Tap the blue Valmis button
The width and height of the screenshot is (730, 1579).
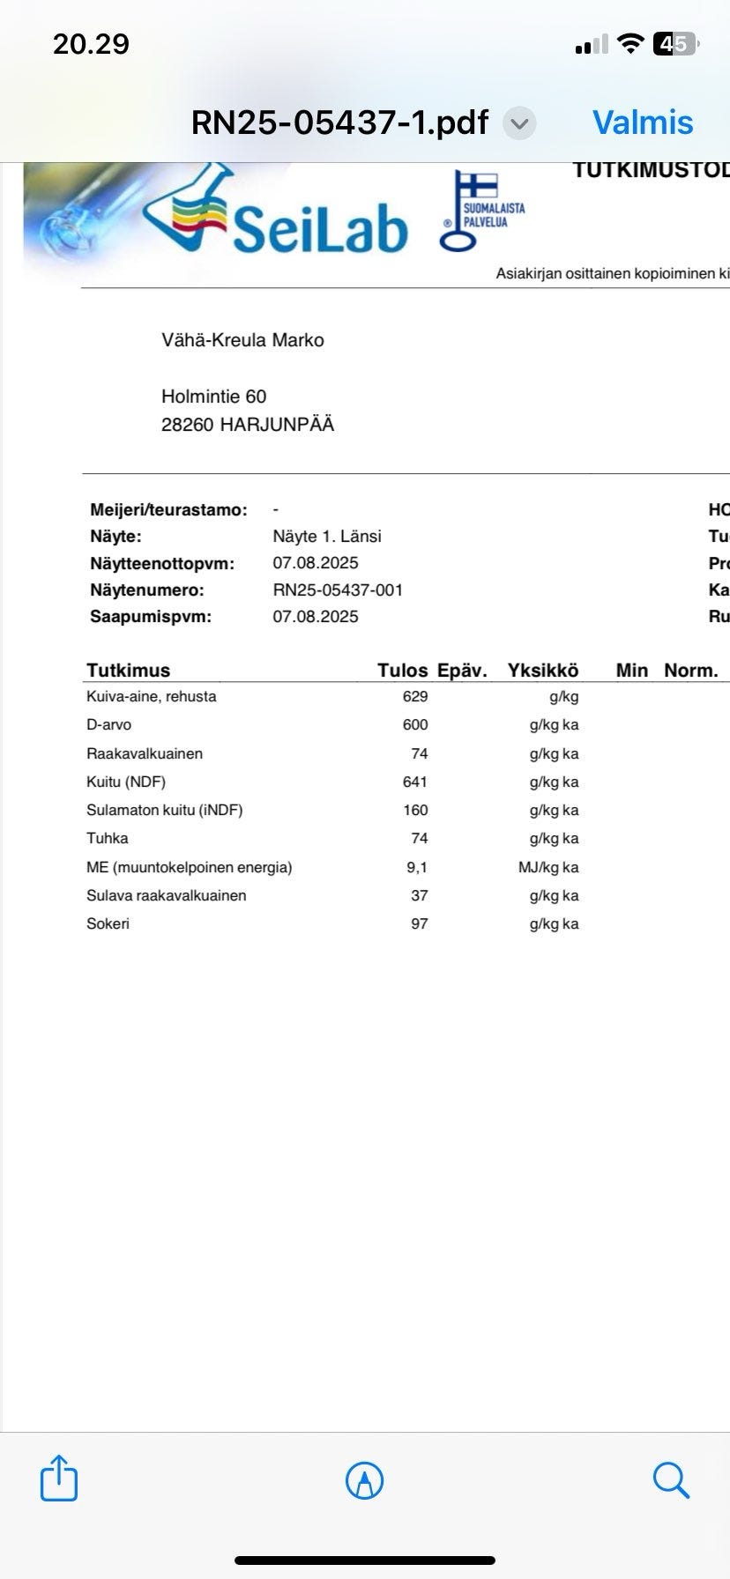[x=643, y=122]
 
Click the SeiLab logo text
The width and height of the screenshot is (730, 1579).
[x=320, y=226]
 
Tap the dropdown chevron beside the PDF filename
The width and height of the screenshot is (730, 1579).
[x=519, y=123]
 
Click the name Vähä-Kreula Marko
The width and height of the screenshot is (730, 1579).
[x=242, y=340]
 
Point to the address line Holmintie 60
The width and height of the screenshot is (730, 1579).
[x=213, y=397]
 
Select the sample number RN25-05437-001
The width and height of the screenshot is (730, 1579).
[x=338, y=589]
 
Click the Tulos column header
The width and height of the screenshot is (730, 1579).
[x=402, y=671]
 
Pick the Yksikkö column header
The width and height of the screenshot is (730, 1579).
[x=543, y=671]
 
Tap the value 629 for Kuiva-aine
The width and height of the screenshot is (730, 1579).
[x=414, y=696]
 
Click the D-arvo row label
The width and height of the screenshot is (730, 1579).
[x=108, y=724]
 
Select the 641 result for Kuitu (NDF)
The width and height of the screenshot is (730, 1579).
[x=414, y=782]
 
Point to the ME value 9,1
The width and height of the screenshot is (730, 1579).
[x=417, y=867]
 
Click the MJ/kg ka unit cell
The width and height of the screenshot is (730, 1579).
[x=548, y=867]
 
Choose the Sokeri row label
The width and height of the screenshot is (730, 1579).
[x=108, y=923]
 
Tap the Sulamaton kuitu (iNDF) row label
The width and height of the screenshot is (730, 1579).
[x=164, y=810]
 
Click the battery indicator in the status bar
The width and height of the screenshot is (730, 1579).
[x=675, y=43]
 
